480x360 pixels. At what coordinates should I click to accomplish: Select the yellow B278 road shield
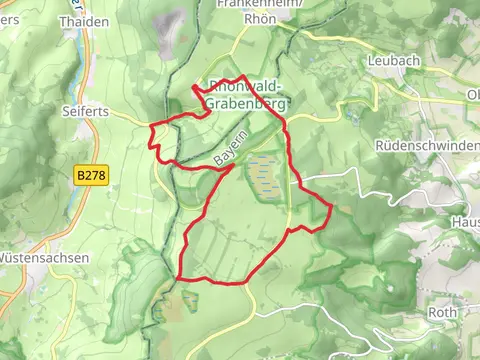pyautogui.click(x=91, y=175)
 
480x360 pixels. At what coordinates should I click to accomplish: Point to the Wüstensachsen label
pyautogui.click(x=45, y=257)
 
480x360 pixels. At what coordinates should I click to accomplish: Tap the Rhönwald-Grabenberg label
pyautogui.click(x=247, y=93)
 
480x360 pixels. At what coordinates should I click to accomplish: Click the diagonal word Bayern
pyautogui.click(x=230, y=150)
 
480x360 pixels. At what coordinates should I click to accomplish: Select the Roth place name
pyautogui.click(x=442, y=312)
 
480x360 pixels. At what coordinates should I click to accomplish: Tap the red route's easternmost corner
pyautogui.click(x=330, y=208)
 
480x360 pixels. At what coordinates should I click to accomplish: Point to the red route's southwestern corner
pyautogui.click(x=178, y=277)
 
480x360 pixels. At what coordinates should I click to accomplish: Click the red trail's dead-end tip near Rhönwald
pyautogui.click(x=192, y=90)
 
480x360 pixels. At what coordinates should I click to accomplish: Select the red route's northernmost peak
pyautogui.click(x=243, y=75)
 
